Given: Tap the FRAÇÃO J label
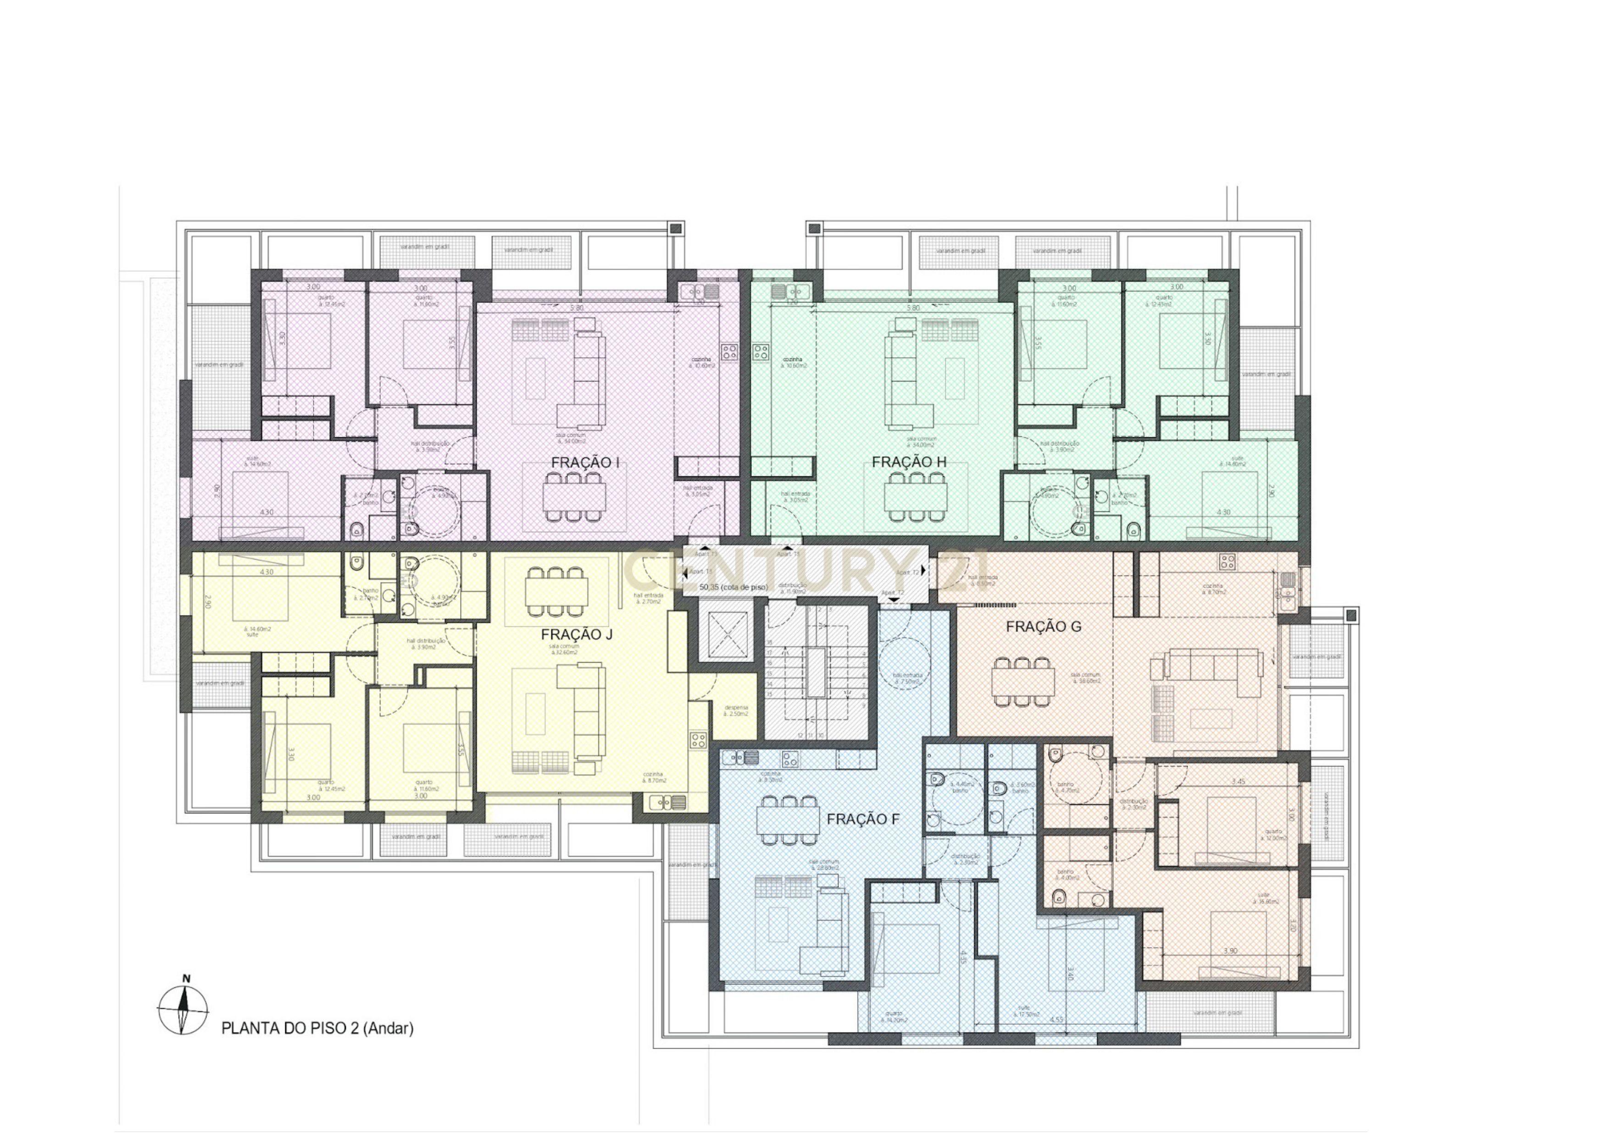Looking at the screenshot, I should pyautogui.click(x=576, y=635).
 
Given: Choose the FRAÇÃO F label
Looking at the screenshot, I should pyautogui.click(x=862, y=819).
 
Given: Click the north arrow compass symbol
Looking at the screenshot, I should pyautogui.click(x=183, y=1009).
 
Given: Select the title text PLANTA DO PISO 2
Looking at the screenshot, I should pyautogui.click(x=317, y=1028).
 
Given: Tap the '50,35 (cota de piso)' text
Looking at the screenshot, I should pyautogui.click(x=733, y=587).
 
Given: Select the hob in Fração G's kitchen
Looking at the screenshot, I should pyautogui.click(x=1227, y=561).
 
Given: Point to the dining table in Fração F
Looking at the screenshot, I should pyautogui.click(x=788, y=819).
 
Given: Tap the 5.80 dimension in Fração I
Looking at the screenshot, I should pyautogui.click(x=576, y=308).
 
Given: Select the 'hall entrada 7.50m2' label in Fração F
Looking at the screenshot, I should pyautogui.click(x=907, y=678).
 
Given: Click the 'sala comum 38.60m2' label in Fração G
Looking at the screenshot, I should pyautogui.click(x=1085, y=678).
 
